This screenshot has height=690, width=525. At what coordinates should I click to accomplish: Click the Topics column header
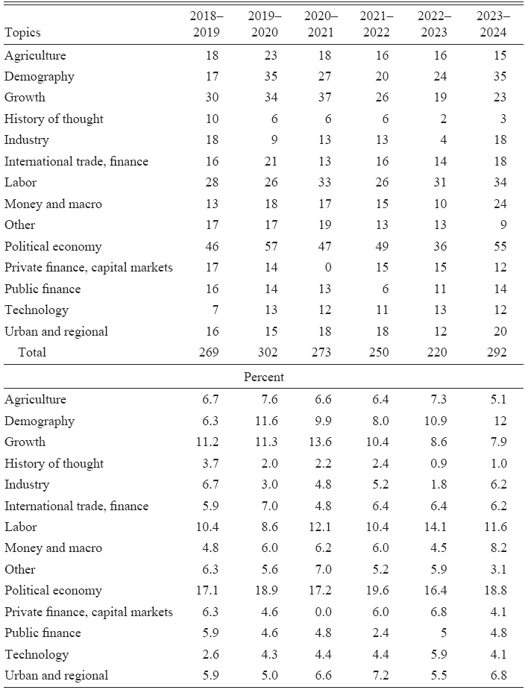22,33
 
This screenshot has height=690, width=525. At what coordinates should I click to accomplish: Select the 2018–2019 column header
207,24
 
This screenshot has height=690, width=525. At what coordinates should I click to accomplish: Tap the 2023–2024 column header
493,24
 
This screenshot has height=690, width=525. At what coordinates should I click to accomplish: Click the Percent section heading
263,377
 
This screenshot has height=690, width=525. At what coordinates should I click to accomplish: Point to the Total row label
32,352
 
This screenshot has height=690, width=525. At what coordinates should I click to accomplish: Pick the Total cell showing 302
265,352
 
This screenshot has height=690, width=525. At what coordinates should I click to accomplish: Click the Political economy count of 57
271,246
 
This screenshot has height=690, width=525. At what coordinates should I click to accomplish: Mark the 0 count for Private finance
327,267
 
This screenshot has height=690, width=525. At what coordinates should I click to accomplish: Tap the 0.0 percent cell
323,612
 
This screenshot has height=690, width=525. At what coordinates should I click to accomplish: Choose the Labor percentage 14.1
436,527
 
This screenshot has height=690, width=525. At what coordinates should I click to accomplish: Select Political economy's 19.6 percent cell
377,591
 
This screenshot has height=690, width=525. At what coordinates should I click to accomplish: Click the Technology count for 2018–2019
215,310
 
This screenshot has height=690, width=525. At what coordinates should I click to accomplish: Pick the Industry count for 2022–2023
443,140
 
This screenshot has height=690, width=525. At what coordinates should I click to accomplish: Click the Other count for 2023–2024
503,225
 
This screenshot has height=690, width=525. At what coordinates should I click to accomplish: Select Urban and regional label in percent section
56,676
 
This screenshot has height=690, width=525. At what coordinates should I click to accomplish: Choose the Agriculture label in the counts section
35,55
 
